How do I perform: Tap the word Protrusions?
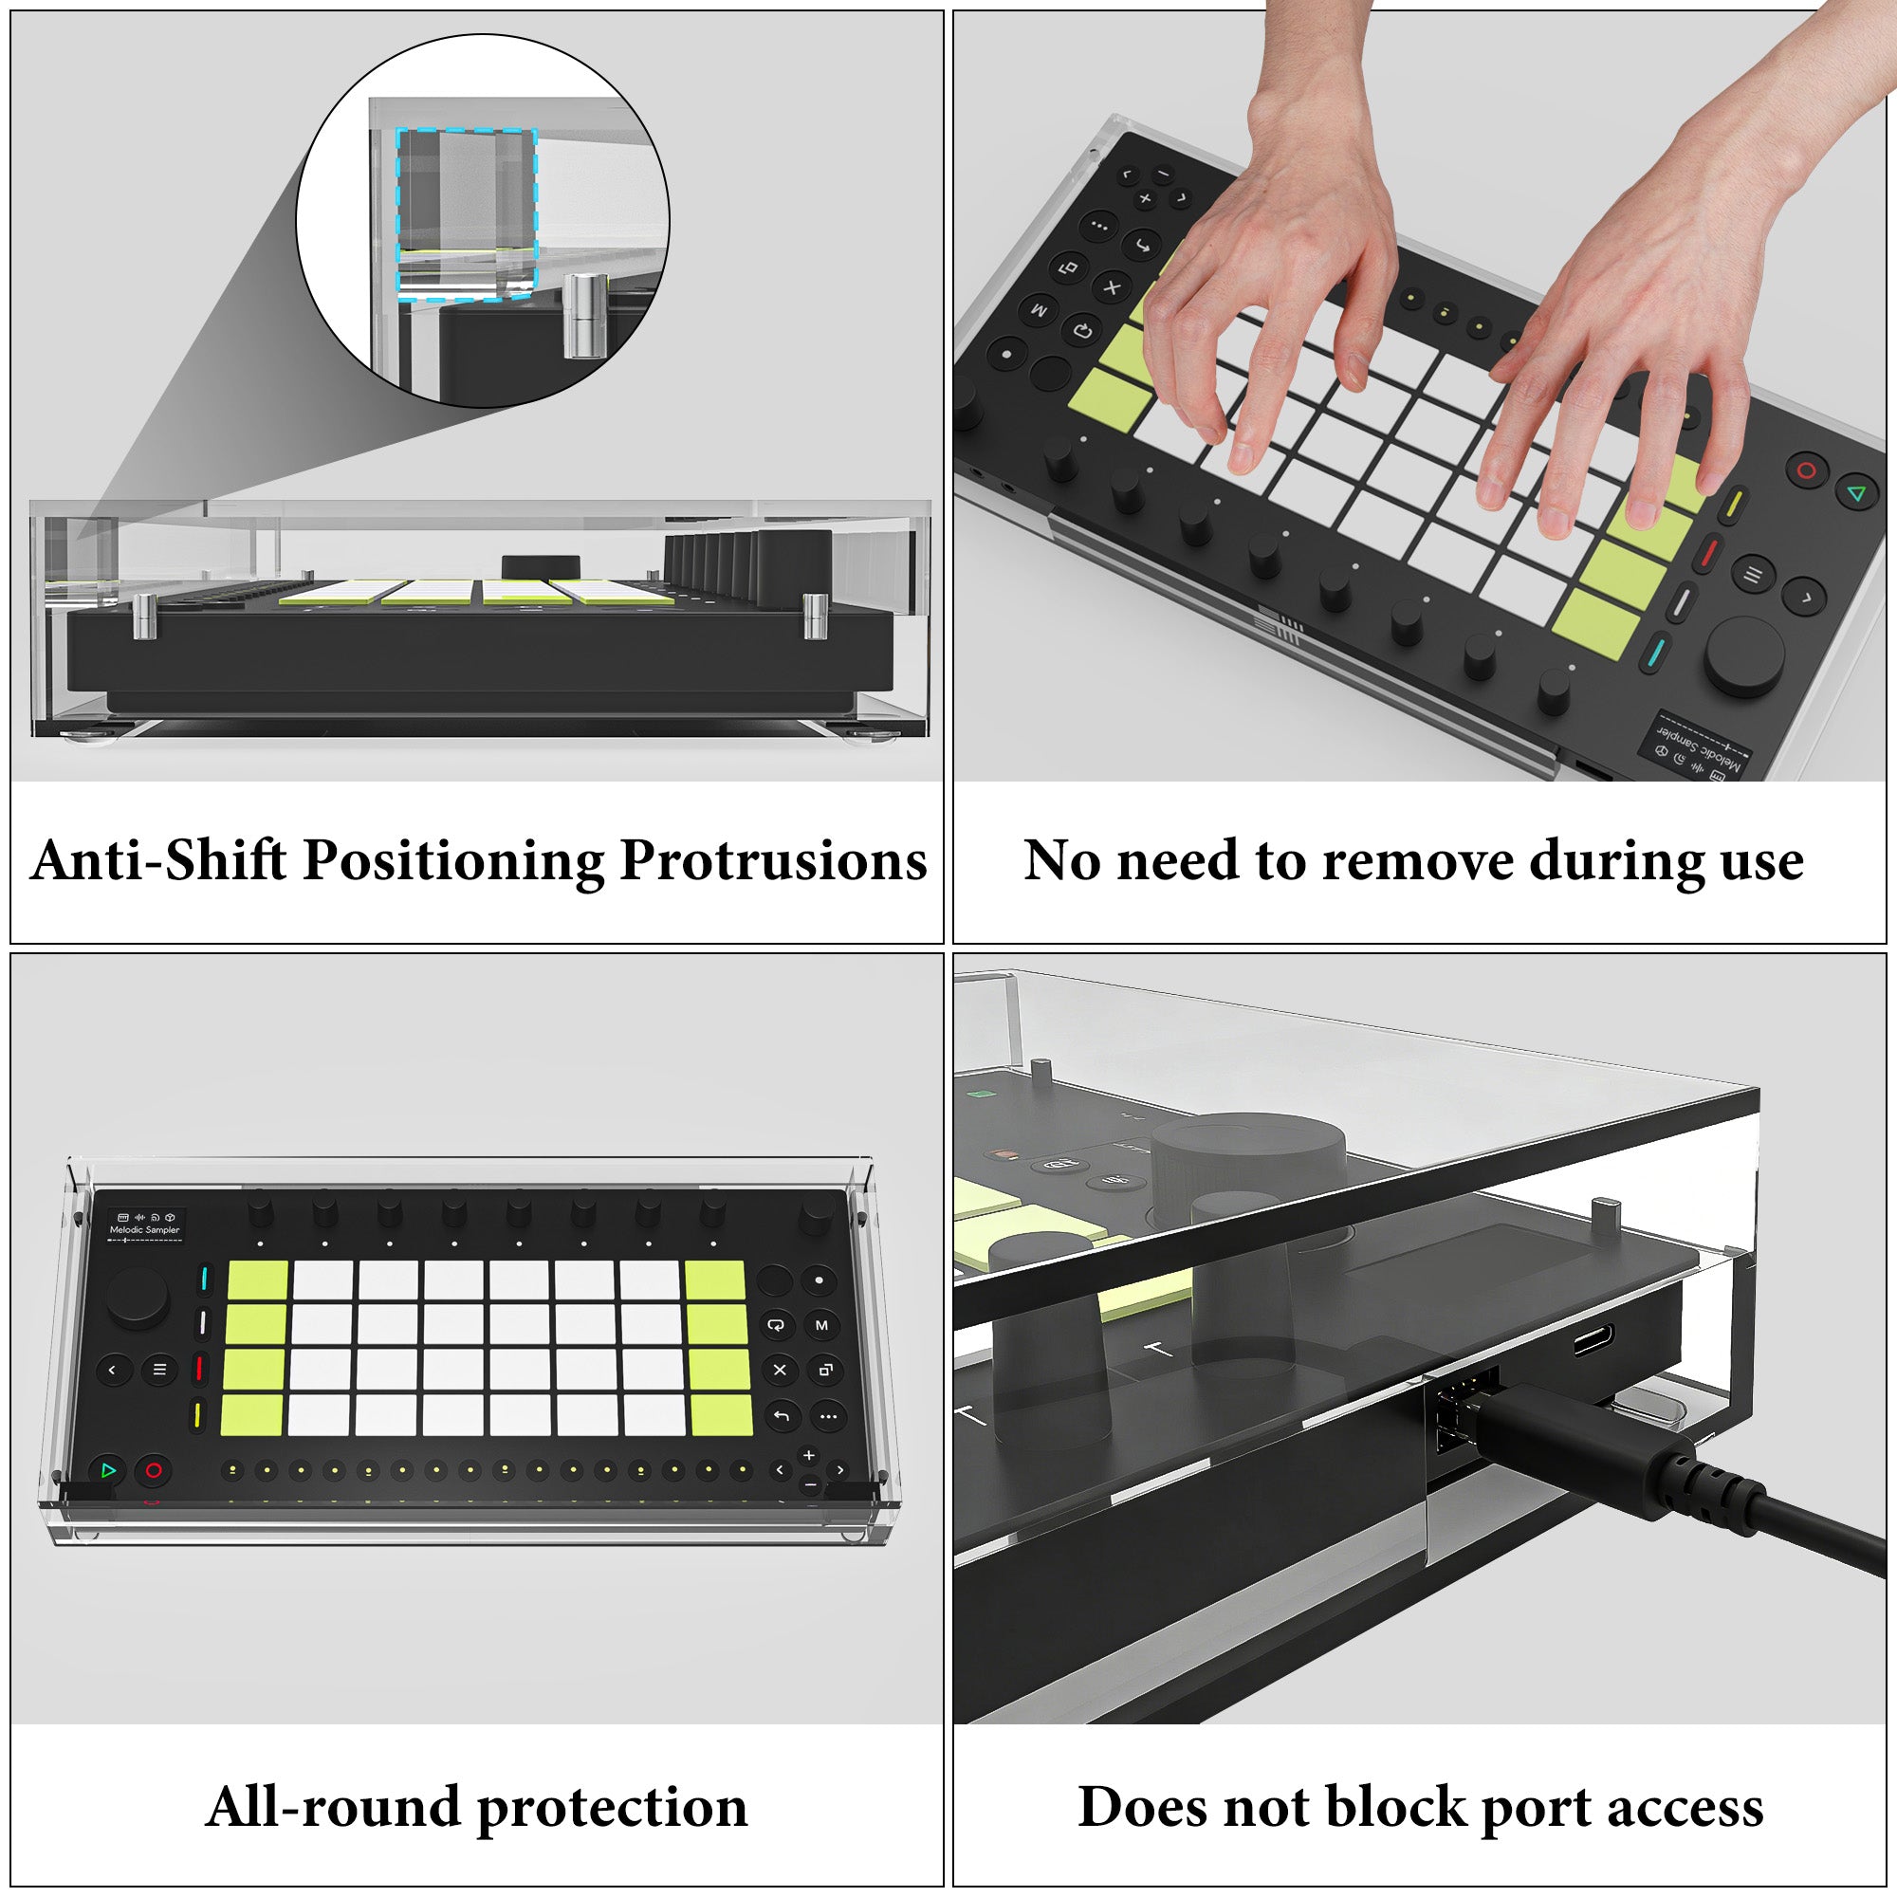coord(774,860)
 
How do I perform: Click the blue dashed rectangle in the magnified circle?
coord(467,212)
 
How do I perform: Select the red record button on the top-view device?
coord(153,1471)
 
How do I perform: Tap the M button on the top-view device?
coord(821,1326)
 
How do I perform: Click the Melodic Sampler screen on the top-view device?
coord(144,1226)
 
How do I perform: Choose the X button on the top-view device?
coord(780,1370)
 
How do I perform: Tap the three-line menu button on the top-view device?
coord(160,1370)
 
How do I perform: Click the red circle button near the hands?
coord(1806,470)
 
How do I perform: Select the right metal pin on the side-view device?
coord(814,616)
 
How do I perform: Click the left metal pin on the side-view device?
coord(144,617)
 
